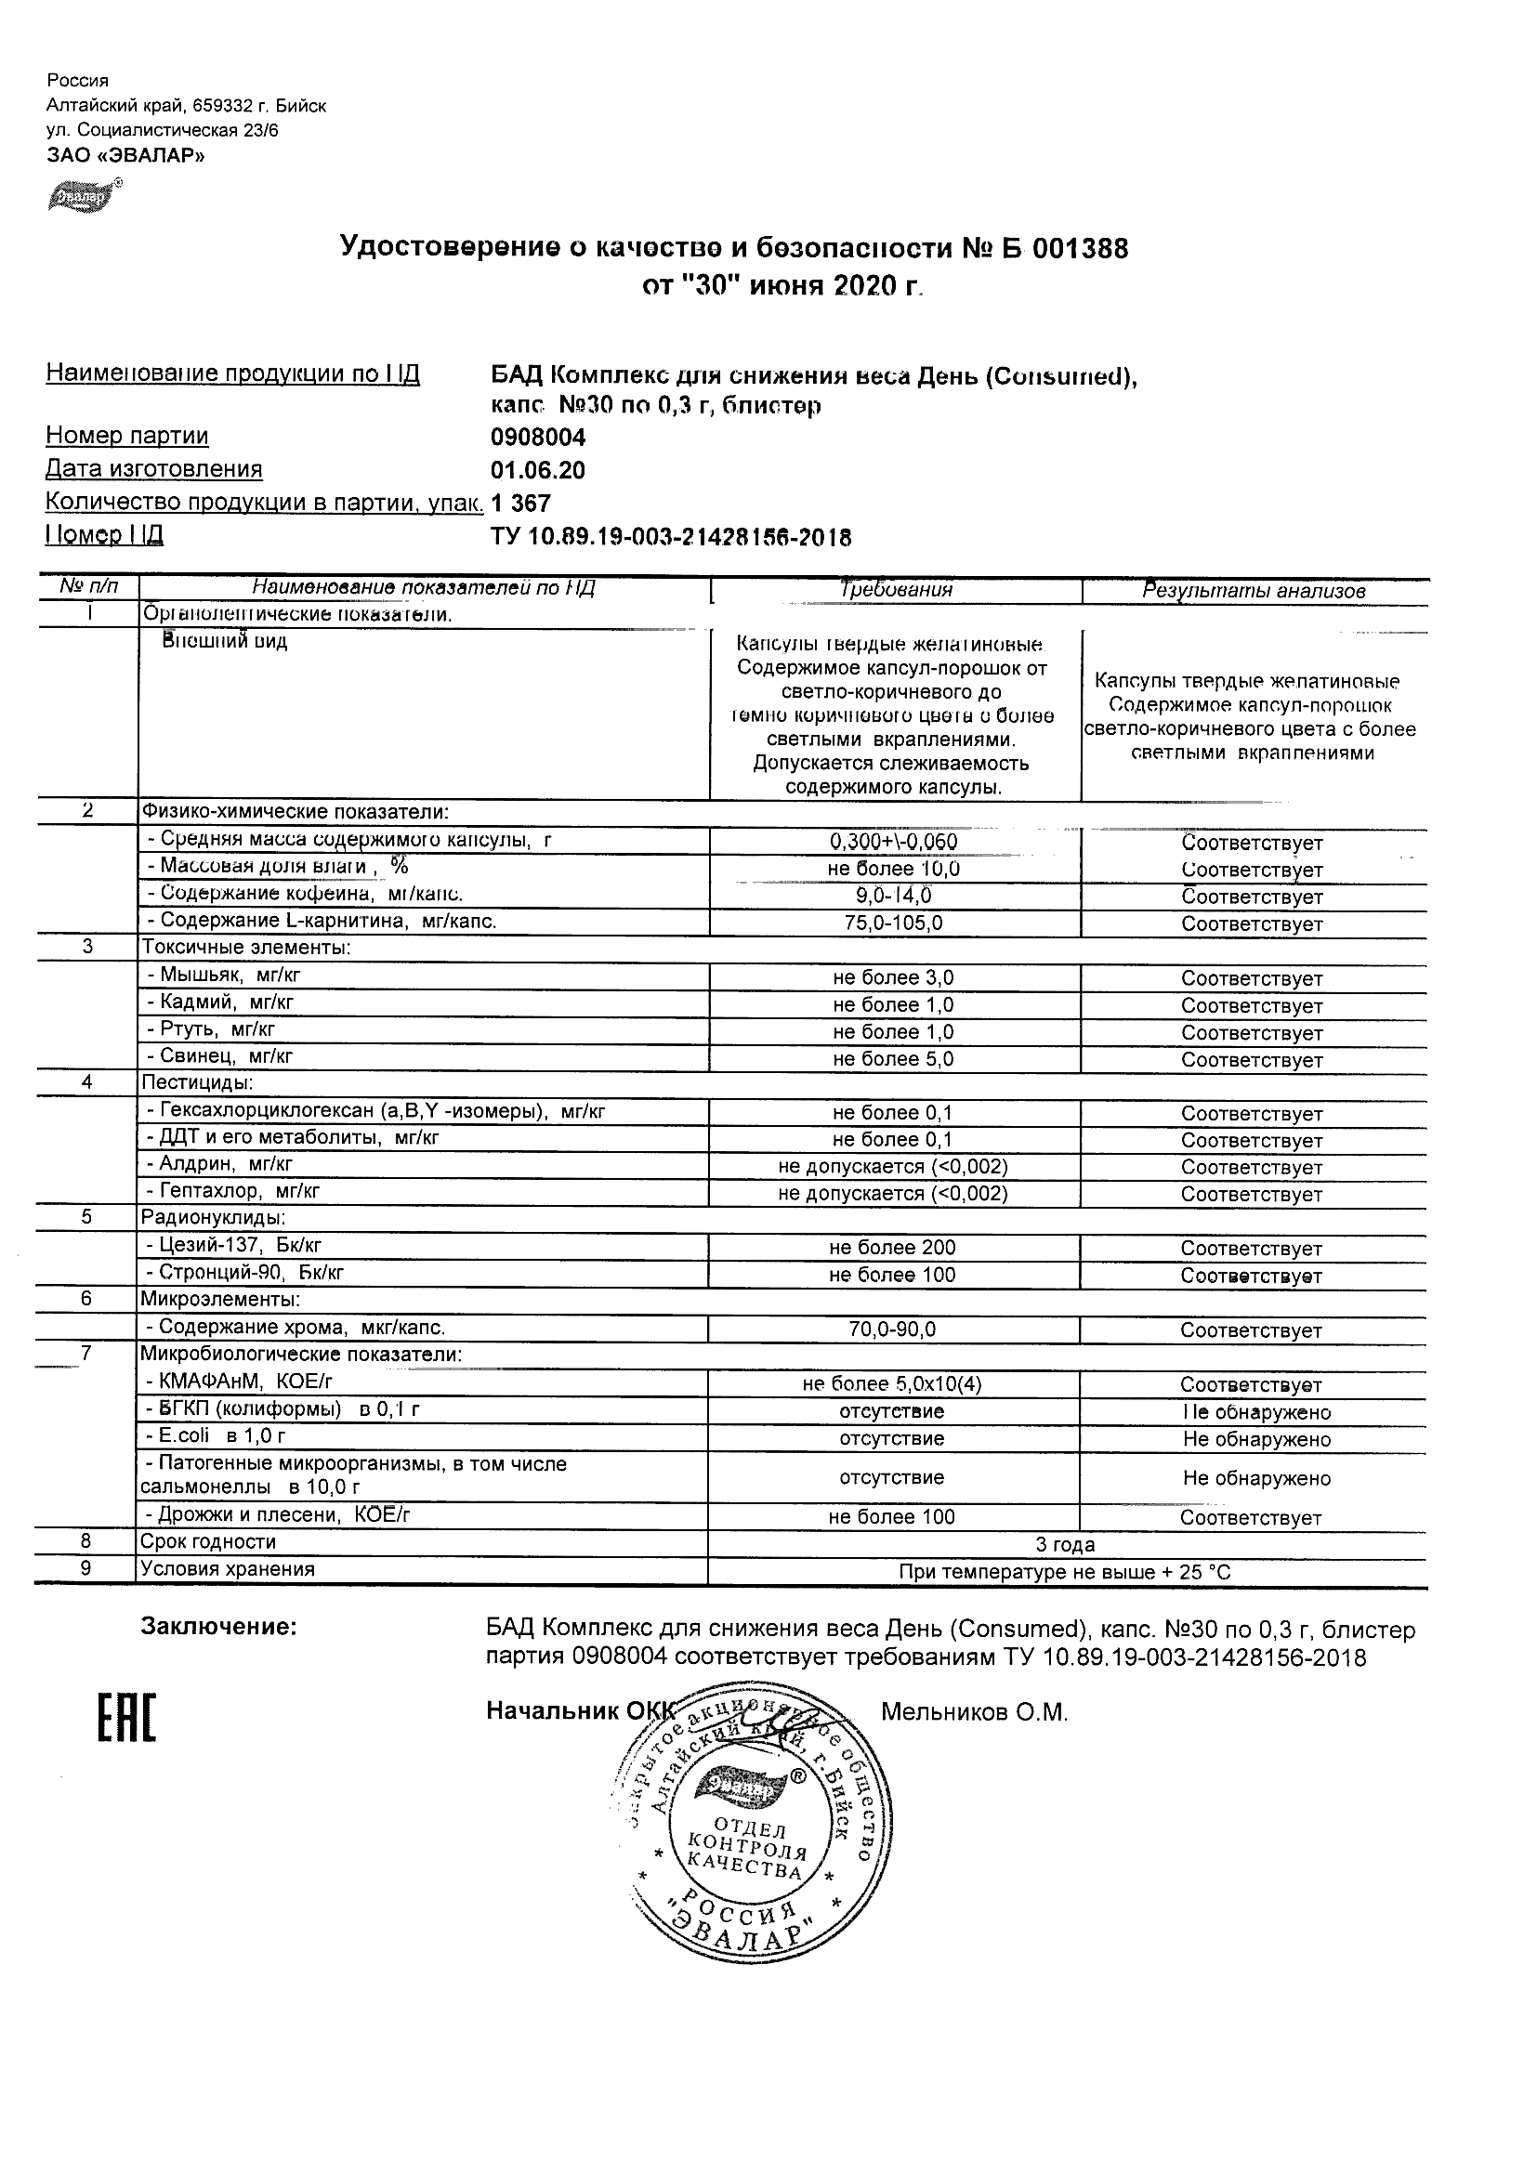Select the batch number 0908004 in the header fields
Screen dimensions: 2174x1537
538,438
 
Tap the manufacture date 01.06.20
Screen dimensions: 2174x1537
538,471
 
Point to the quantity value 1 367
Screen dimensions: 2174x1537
521,504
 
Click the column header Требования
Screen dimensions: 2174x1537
896,590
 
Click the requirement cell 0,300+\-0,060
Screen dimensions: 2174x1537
893,842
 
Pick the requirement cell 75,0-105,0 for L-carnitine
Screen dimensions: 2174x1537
893,923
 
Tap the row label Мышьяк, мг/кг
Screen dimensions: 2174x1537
224,975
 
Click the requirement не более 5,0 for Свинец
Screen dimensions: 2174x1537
893,1059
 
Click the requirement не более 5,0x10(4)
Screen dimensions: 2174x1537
892,1384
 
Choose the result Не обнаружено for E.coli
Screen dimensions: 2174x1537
1256,1439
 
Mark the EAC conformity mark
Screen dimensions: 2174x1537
126,1716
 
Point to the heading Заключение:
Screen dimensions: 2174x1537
218,1627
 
